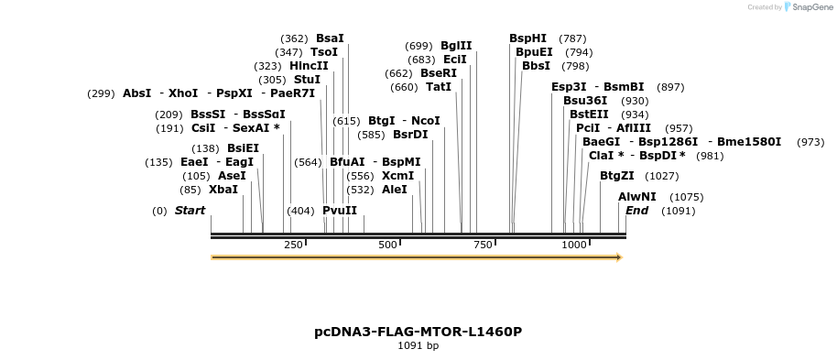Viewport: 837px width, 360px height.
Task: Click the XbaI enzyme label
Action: point(223,190)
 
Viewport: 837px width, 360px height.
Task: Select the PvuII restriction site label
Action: point(340,211)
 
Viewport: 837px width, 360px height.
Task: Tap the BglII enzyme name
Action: point(456,46)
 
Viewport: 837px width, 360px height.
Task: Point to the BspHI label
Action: point(527,38)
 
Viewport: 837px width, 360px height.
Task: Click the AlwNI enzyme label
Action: point(637,197)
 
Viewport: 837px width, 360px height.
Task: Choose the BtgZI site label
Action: point(617,176)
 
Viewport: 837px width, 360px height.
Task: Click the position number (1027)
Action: point(661,176)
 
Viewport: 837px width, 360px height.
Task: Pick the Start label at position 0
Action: point(190,211)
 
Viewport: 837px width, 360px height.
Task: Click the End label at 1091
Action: point(636,211)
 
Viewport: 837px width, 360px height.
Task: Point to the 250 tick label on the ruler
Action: point(293,245)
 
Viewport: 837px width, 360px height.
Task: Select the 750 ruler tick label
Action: point(483,245)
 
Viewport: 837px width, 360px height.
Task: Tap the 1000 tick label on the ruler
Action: point(574,245)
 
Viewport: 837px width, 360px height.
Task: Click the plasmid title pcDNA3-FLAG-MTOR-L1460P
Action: point(418,332)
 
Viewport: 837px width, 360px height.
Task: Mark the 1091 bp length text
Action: point(418,346)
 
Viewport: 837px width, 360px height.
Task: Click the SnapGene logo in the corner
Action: point(806,7)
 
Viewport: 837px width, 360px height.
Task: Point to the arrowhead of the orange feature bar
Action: point(619,257)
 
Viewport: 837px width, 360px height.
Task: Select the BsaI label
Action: point(330,38)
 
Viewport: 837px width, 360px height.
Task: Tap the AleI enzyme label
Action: point(394,190)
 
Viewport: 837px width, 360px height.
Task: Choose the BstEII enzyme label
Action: point(589,115)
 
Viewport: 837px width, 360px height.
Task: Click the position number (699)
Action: point(418,46)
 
